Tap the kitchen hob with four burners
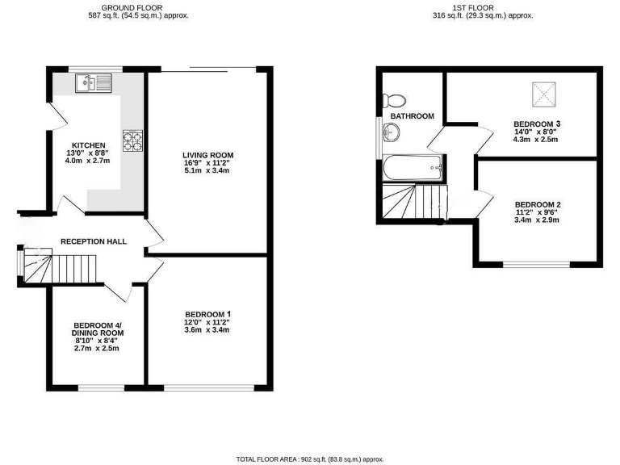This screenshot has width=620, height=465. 132,141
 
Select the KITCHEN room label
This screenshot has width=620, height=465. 88,145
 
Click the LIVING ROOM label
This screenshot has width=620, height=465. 207,154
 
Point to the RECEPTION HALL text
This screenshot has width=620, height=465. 94,241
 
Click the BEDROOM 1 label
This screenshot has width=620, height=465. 208,314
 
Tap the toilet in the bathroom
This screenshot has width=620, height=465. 396,100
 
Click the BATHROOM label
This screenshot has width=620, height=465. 412,116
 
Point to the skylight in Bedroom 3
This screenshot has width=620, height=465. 544,94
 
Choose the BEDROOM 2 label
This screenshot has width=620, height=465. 537,204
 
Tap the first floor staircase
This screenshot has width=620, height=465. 413,201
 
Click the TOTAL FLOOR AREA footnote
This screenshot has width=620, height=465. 310,459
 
